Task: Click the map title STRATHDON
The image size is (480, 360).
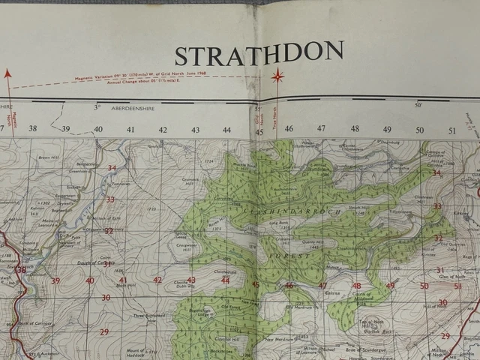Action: (x=259, y=54)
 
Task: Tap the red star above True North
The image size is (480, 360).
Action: (x=277, y=75)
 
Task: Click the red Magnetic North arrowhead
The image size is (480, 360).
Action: (x=8, y=73)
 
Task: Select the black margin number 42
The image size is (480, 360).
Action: (x=163, y=130)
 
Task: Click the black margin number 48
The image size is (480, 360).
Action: (x=355, y=128)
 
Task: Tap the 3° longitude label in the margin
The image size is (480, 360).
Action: (x=97, y=107)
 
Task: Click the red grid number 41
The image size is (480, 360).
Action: (x=123, y=280)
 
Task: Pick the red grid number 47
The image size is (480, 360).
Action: (x=322, y=286)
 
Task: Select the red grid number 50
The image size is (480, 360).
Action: (x=424, y=286)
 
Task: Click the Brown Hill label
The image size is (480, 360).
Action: (x=49, y=158)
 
